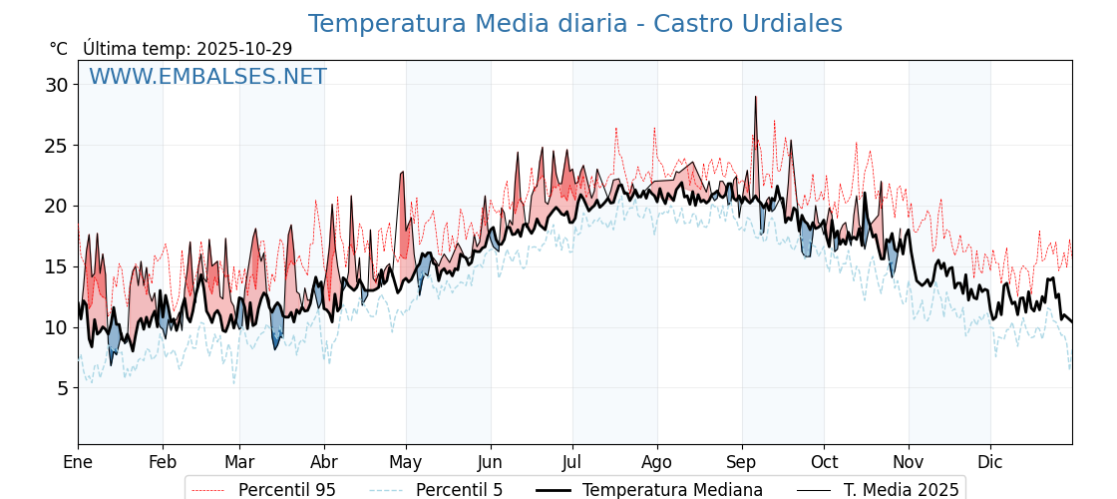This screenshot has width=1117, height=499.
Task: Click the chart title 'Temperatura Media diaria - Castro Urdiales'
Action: (x=574, y=24)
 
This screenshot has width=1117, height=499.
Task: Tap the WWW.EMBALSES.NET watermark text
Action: (x=207, y=77)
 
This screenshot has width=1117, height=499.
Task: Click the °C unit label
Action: (x=58, y=49)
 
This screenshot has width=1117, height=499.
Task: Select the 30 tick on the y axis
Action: (x=57, y=85)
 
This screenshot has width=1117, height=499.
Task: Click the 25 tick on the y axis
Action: (x=57, y=146)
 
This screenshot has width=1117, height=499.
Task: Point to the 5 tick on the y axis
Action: (x=62, y=388)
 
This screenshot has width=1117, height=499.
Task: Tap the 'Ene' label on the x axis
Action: (x=78, y=462)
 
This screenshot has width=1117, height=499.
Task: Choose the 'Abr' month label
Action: (x=324, y=462)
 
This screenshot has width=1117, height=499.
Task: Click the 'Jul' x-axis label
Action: (x=572, y=462)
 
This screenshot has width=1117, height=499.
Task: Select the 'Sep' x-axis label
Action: (x=741, y=462)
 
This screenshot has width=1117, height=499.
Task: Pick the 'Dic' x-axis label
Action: (x=990, y=462)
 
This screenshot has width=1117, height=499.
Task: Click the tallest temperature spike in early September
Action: (x=755, y=98)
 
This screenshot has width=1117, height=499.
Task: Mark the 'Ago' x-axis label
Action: (x=656, y=462)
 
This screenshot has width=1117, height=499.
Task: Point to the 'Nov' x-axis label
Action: (x=908, y=462)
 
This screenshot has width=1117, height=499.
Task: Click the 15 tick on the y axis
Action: (x=57, y=266)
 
